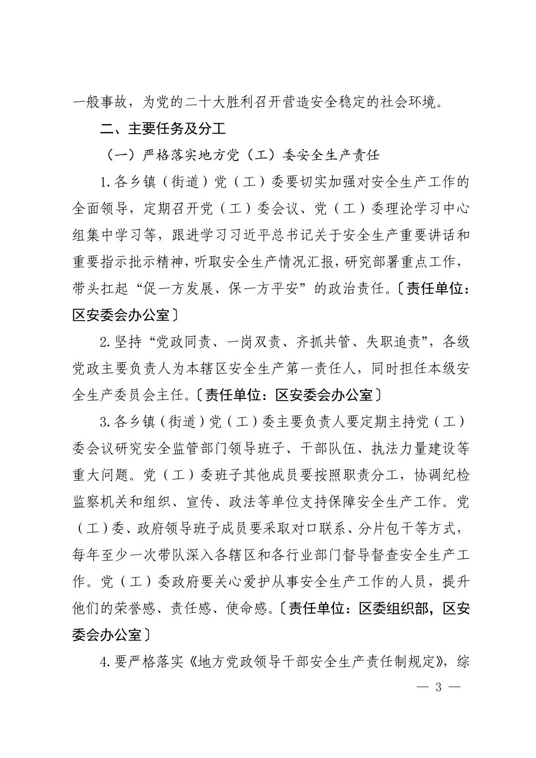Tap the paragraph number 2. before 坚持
point(104,342)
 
